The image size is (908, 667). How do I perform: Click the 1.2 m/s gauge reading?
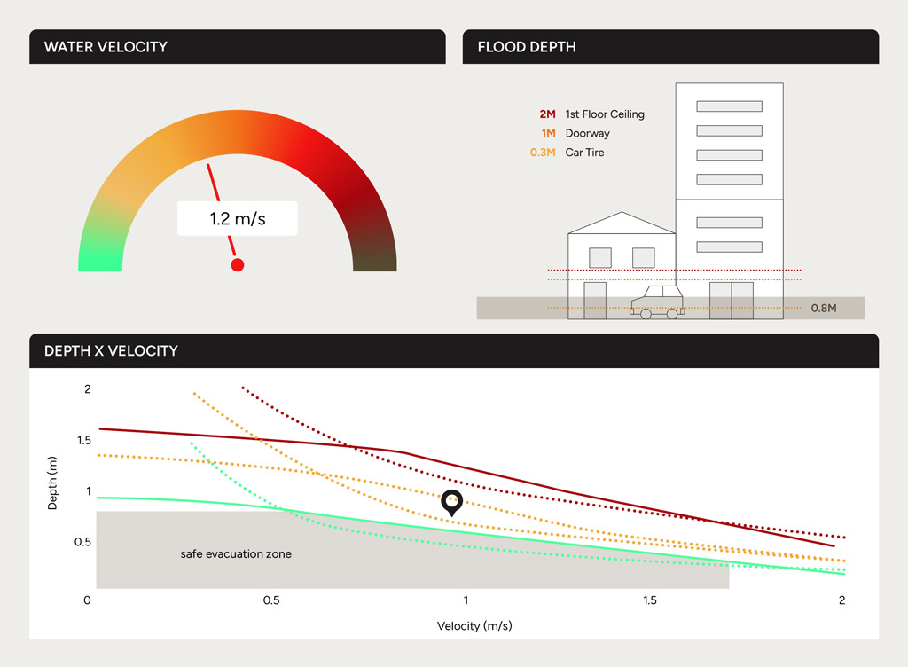tap(238, 218)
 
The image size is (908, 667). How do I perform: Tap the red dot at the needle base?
tap(237, 264)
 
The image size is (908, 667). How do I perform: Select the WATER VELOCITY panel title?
tap(106, 47)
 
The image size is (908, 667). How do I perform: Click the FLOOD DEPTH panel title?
tap(527, 47)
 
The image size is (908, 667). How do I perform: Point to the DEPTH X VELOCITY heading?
tap(111, 351)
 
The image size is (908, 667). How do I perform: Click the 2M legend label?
tap(547, 114)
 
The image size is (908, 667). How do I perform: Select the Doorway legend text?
tap(587, 133)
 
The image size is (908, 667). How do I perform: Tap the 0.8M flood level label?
tap(824, 309)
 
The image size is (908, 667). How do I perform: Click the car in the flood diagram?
tap(657, 302)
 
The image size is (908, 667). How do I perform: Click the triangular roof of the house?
tap(622, 224)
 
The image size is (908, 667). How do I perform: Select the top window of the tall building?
tap(729, 106)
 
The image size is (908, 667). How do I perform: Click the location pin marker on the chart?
tap(452, 502)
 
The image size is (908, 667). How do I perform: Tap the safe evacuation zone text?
tap(236, 554)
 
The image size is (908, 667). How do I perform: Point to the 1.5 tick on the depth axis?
tap(83, 441)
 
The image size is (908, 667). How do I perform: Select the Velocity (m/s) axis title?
tap(474, 626)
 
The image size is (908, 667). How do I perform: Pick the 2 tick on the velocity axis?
tap(841, 601)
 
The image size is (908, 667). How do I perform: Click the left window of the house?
tap(600, 257)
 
